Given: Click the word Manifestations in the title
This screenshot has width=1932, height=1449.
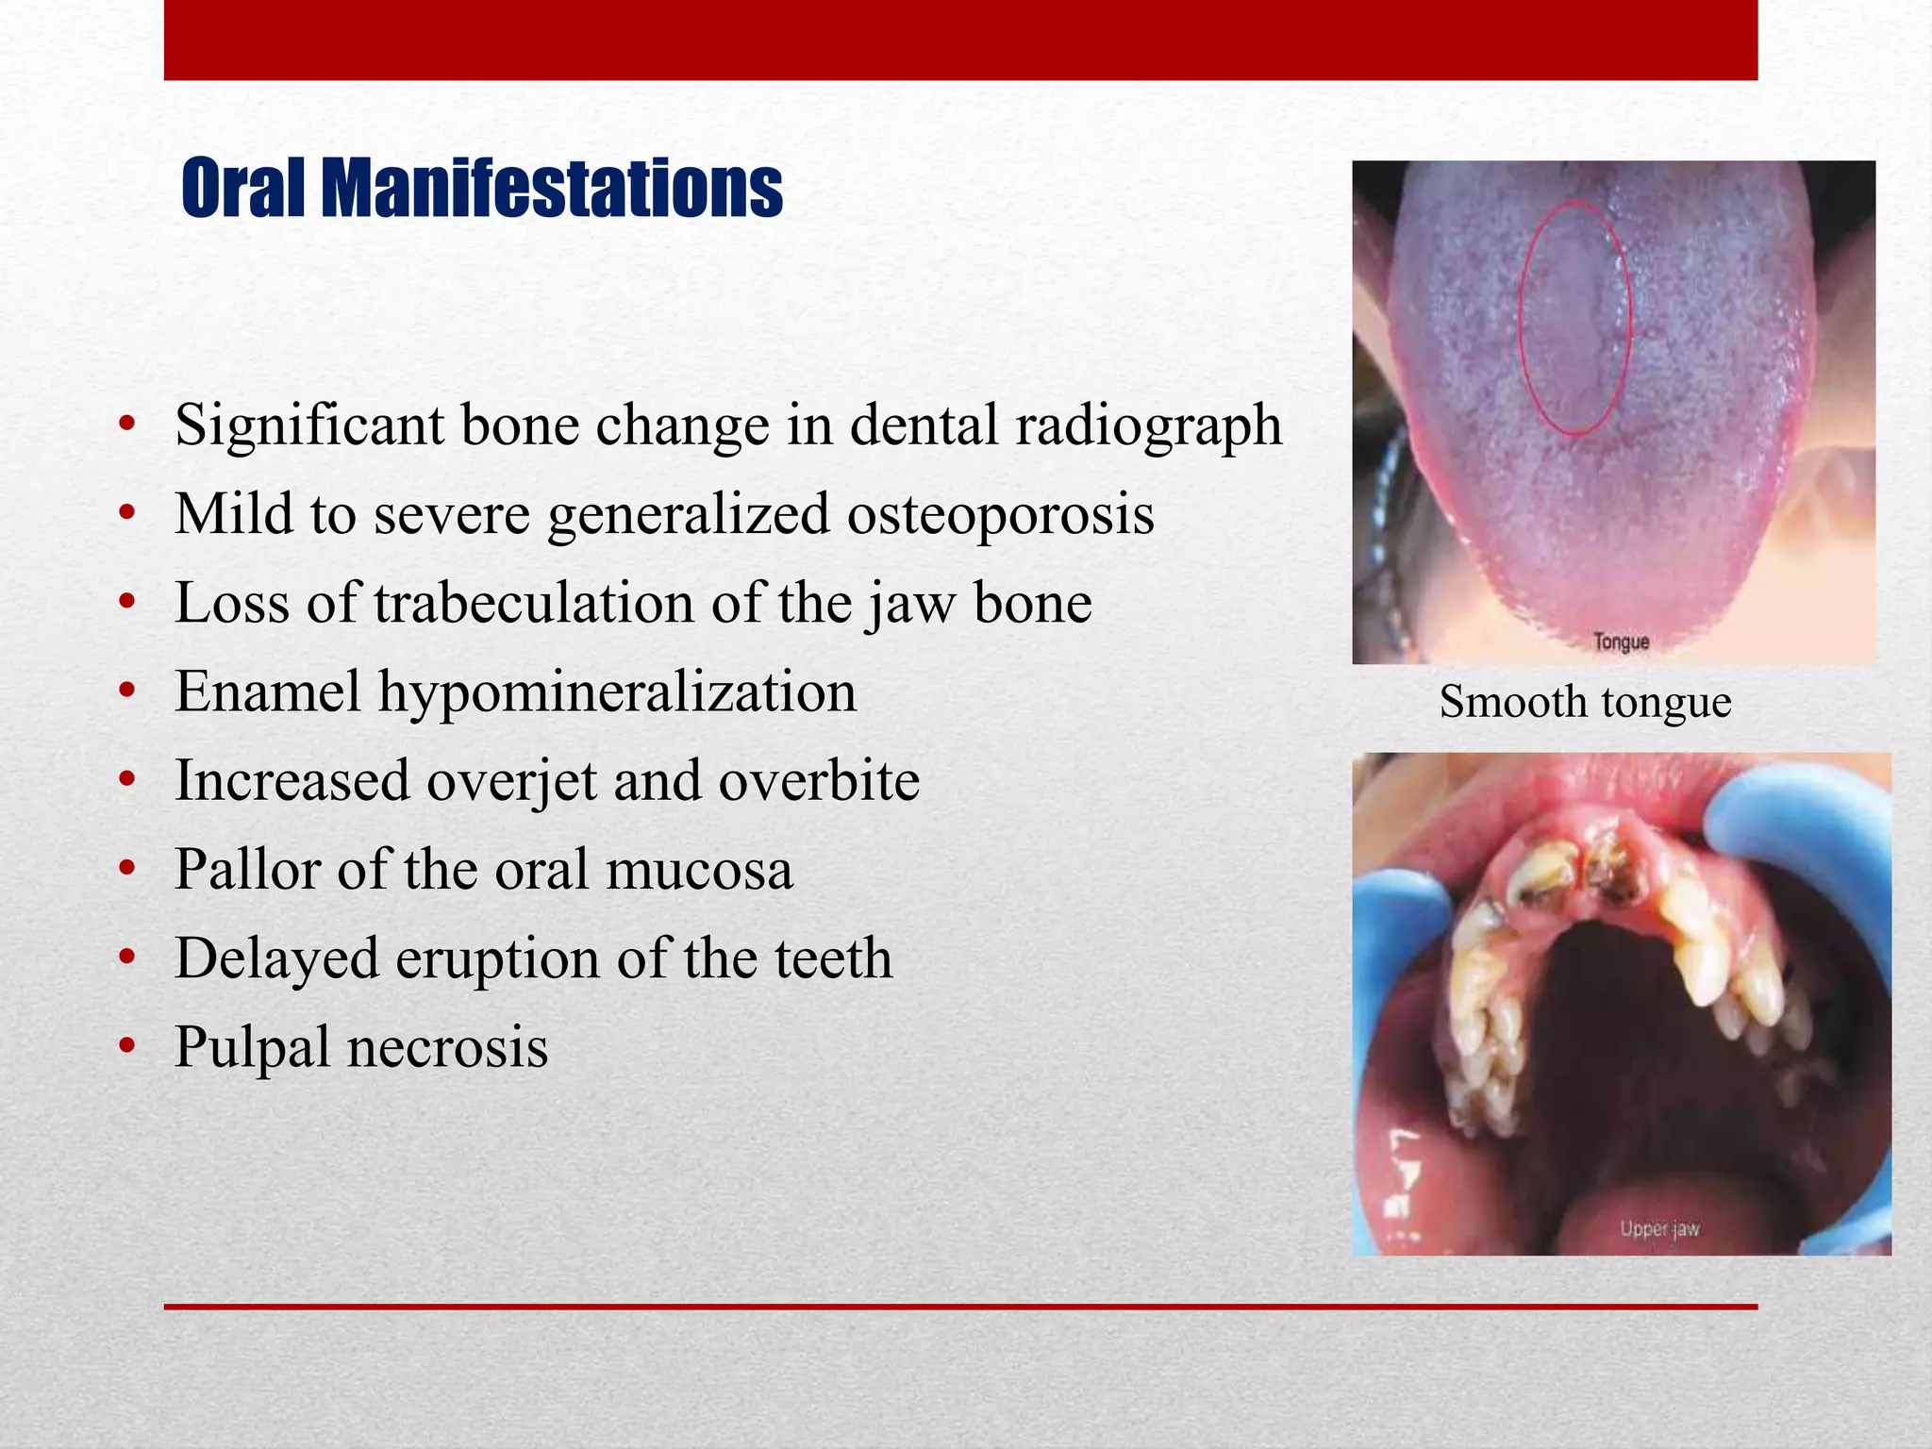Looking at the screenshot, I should pyautogui.click(x=552, y=189).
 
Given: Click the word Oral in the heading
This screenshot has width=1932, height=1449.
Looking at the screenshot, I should pyautogui.click(x=242, y=189).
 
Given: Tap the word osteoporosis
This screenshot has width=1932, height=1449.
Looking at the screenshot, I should pyautogui.click(x=1000, y=514).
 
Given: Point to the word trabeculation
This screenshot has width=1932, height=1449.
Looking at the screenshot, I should pyautogui.click(x=533, y=603).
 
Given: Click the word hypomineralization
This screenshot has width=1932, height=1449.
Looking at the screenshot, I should pyautogui.click(x=617, y=692).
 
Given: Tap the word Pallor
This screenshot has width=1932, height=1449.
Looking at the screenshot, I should pyautogui.click(x=248, y=870).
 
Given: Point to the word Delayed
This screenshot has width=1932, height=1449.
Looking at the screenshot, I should pyautogui.click(x=277, y=958).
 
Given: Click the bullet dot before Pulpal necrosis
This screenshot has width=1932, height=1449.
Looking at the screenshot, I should pyautogui.click(x=127, y=1047).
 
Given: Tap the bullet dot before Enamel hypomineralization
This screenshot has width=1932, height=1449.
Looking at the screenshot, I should pyautogui.click(x=127, y=692).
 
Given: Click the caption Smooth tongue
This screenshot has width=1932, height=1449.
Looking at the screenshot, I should pyautogui.click(x=1585, y=702).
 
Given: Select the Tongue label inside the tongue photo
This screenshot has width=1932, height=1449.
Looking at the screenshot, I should pyautogui.click(x=1621, y=642).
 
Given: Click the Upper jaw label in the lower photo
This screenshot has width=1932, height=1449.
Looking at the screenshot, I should pyautogui.click(x=1659, y=1229).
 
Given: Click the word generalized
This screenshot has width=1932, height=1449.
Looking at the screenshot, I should pyautogui.click(x=688, y=516).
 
